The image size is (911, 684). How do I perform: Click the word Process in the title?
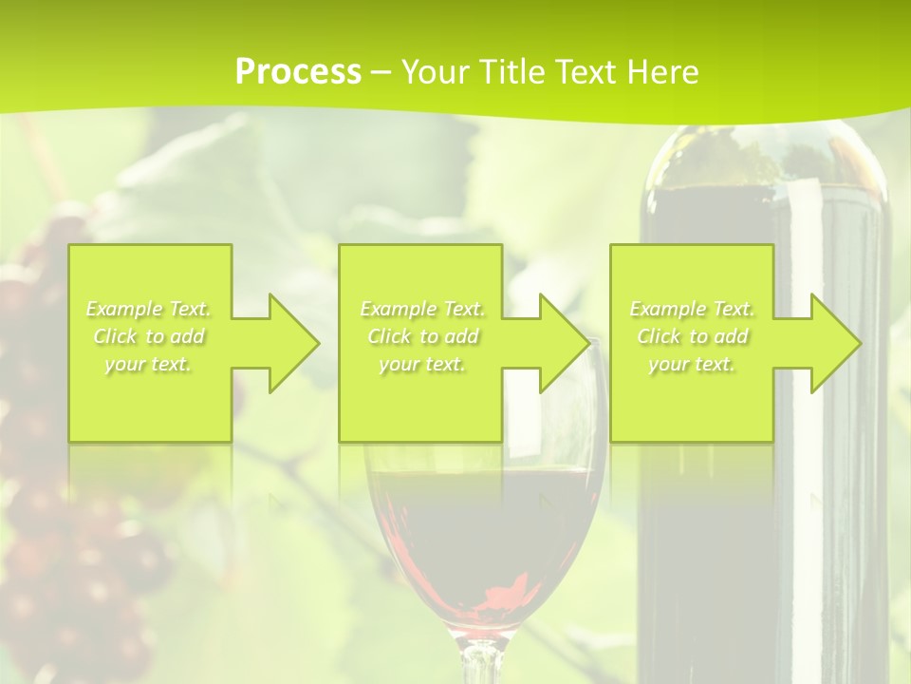[298, 72]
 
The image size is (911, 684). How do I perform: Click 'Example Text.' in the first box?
[149, 309]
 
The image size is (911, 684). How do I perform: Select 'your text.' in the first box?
[149, 364]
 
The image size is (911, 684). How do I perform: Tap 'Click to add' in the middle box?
[422, 336]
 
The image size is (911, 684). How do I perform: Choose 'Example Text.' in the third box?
[692, 309]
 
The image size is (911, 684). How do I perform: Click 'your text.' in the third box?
[692, 364]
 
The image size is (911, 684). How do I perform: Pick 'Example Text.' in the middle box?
[422, 309]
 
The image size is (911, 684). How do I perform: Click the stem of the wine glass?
[483, 660]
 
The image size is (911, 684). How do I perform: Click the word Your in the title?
[436, 72]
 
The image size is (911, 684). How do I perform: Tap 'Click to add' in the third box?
[692, 336]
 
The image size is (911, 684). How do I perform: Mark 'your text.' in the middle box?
[422, 364]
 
